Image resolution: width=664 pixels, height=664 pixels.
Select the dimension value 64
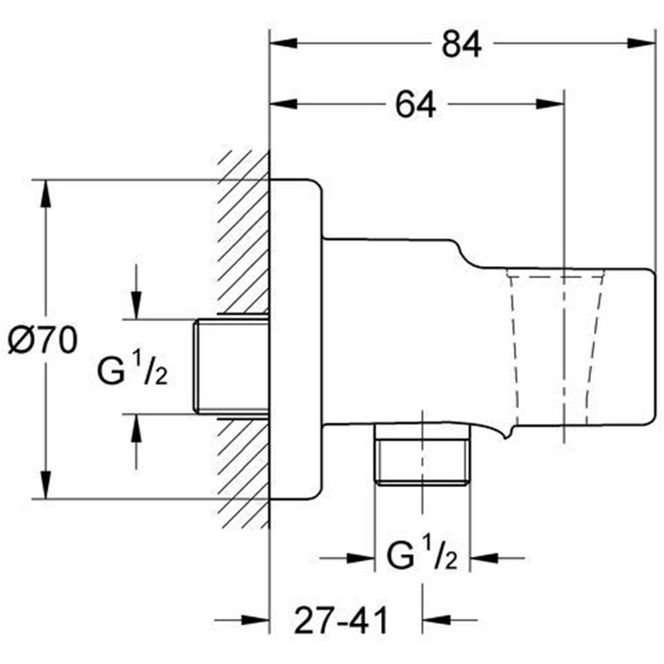pyautogui.click(x=416, y=105)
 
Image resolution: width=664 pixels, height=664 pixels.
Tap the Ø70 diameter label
pyautogui.click(x=43, y=340)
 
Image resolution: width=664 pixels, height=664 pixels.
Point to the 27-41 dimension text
pyautogui.click(x=343, y=619)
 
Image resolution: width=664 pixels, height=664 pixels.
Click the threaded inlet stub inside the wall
pyautogui.click(x=231, y=365)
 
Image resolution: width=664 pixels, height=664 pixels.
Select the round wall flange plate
pyautogui.click(x=295, y=340)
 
